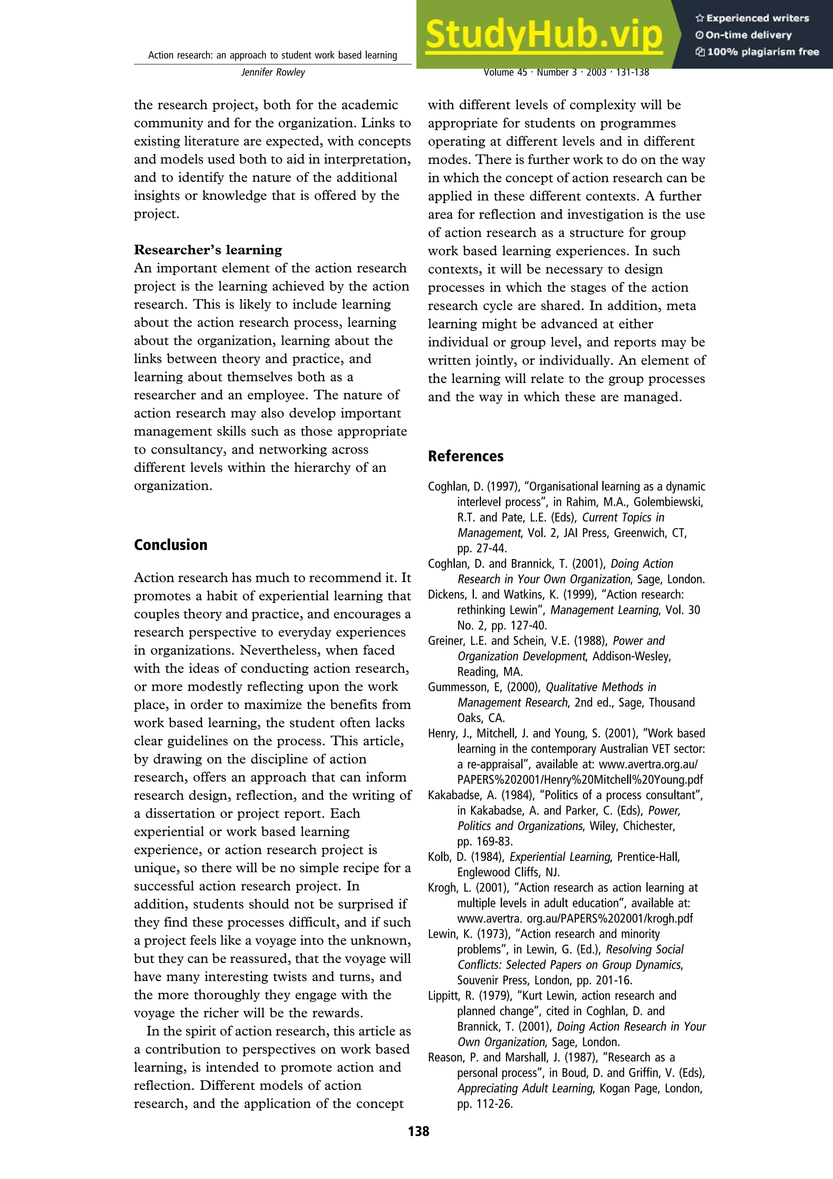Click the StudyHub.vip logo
coord(544,35)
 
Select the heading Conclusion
coord(170,545)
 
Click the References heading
coord(466,456)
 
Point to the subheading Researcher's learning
coord(208,250)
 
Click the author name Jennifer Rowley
coord(273,72)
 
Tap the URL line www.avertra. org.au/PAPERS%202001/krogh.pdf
coord(575,918)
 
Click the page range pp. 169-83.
coord(485,841)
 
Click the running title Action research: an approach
coord(273,55)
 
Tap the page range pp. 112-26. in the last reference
coord(485,1103)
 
